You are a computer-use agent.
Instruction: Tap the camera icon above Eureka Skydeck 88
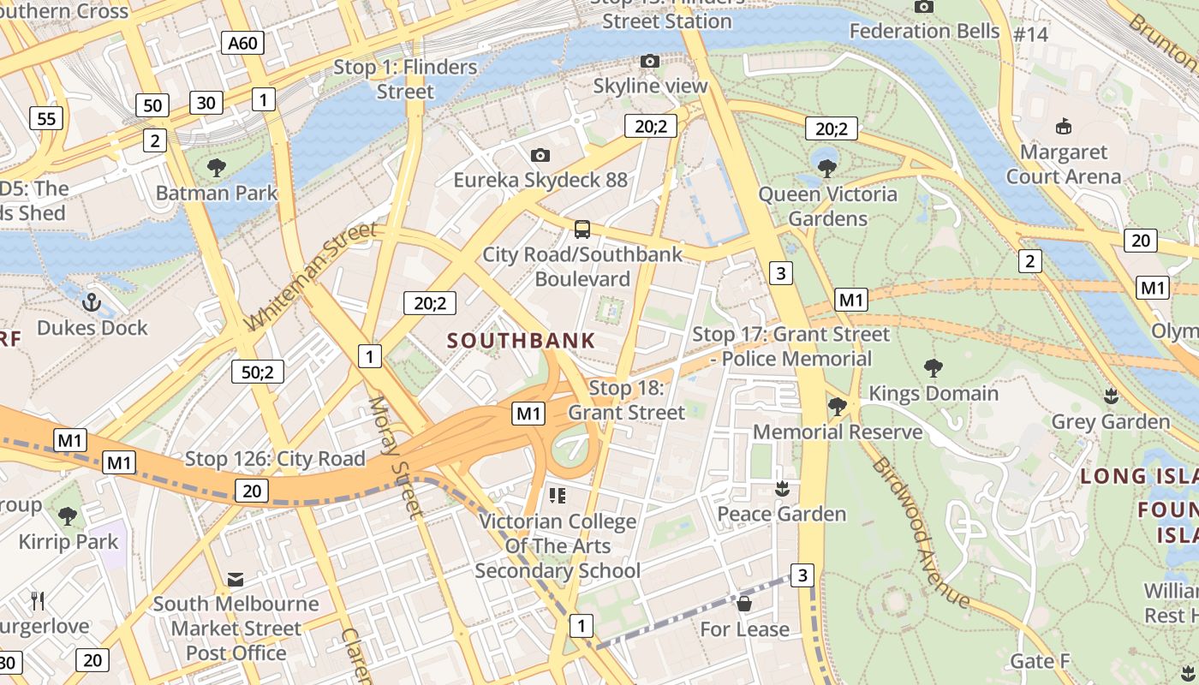click(x=540, y=155)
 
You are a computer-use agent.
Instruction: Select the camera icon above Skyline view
click(x=650, y=61)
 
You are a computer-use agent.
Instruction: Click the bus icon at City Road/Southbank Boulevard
click(x=582, y=229)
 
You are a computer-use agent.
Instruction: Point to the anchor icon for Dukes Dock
click(x=92, y=301)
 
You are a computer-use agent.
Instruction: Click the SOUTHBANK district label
click(x=521, y=341)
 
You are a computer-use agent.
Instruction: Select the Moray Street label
click(x=395, y=457)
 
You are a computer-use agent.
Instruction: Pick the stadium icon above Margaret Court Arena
click(x=1063, y=127)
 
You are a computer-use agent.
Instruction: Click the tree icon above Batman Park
click(x=217, y=167)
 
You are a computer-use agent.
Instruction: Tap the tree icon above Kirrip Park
click(x=68, y=515)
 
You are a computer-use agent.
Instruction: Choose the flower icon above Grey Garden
click(x=1111, y=396)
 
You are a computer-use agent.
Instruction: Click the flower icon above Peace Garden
click(x=781, y=489)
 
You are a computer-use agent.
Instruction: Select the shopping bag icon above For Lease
click(x=744, y=604)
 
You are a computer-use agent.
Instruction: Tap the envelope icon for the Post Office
click(x=236, y=580)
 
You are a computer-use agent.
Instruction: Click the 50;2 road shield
click(x=258, y=372)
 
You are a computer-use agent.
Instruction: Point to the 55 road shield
click(x=46, y=118)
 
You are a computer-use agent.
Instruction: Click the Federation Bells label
click(x=924, y=32)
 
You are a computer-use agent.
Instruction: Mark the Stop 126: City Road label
click(x=275, y=459)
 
